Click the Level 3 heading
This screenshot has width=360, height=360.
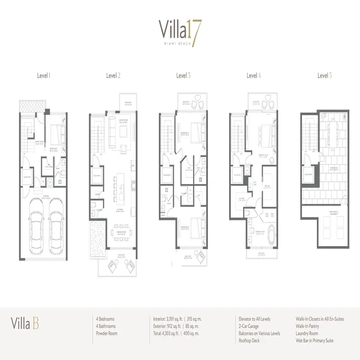click(183, 76)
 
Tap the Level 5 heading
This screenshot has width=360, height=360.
click(324, 76)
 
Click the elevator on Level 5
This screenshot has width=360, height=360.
click(309, 174)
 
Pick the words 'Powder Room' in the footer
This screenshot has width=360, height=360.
click(108, 333)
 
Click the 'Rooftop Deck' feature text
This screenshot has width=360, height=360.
click(249, 341)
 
